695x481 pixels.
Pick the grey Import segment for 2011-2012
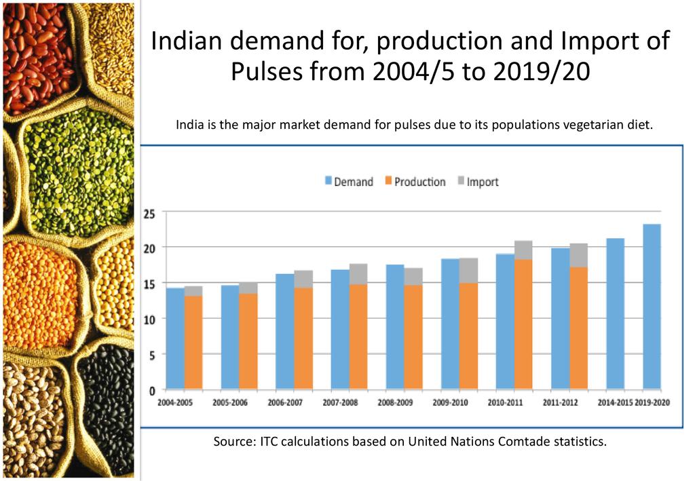[578, 255]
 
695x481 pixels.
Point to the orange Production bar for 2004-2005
[193, 343]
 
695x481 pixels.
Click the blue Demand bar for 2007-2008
[340, 330]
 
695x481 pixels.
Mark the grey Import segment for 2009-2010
[468, 270]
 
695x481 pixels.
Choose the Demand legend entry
[349, 182]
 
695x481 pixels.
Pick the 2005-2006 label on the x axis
[230, 402]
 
